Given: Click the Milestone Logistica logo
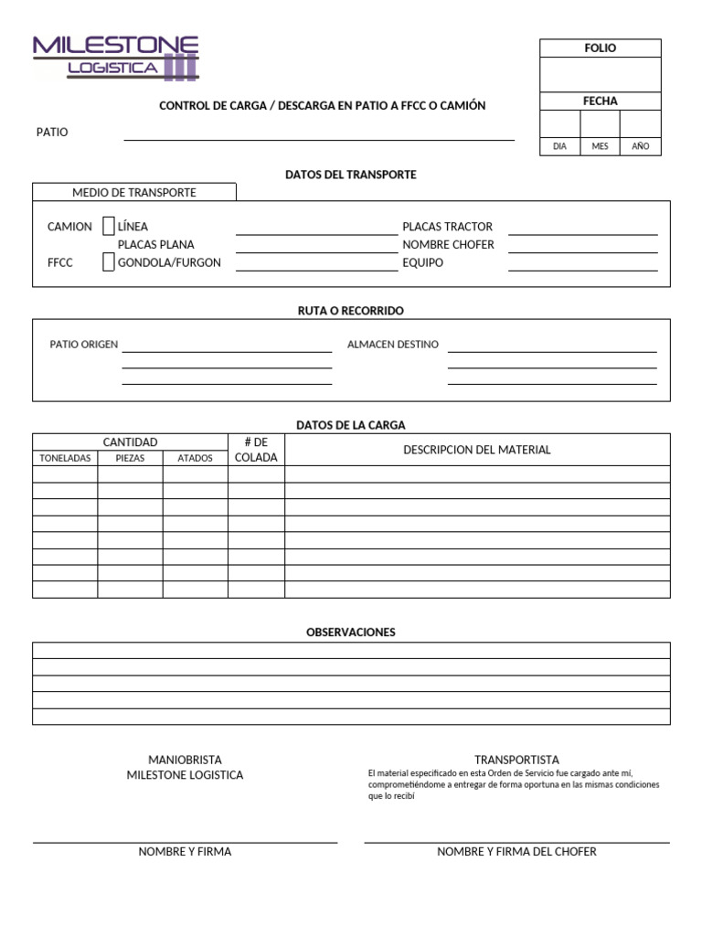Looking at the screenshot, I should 116,57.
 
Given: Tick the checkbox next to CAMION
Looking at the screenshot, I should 109,226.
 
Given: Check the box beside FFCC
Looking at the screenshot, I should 109,262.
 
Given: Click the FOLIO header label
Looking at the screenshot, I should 600,48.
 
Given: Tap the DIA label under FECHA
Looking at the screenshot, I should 559,146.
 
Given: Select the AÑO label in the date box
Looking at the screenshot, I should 641,146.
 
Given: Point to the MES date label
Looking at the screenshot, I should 600,146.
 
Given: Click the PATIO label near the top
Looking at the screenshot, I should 52,133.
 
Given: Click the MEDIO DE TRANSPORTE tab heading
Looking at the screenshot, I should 134,193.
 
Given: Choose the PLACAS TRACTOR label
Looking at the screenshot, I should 447,227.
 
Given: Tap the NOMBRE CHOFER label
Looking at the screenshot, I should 448,245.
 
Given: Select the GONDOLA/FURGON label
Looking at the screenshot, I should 169,263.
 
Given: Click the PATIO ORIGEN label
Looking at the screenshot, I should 84,345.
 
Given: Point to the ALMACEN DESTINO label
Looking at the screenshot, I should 393,345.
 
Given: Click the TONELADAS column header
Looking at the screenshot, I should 64,458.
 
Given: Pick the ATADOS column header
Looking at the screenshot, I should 195,458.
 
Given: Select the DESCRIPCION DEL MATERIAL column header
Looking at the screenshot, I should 476,450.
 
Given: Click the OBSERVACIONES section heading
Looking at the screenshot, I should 351,633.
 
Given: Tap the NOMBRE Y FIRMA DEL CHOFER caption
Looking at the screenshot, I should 516,852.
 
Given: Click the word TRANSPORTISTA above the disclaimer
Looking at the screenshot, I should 516,760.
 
